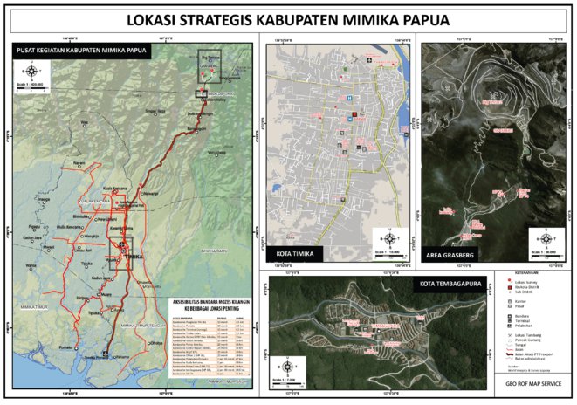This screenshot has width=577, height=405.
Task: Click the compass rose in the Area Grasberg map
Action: pyautogui.click(x=546, y=237)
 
